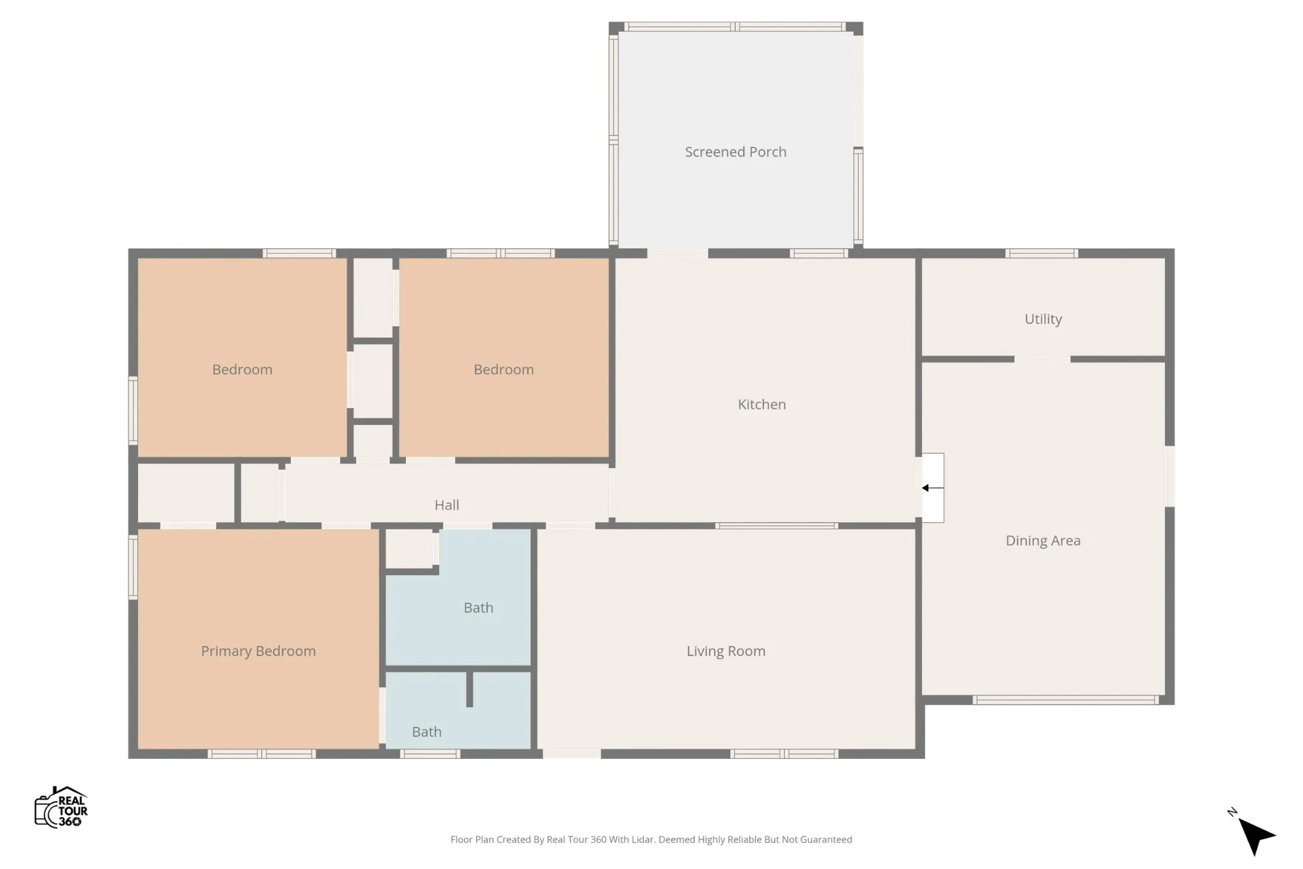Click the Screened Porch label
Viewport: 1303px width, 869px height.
735,152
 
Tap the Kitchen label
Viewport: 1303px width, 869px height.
762,405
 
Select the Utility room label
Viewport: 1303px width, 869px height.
1043,319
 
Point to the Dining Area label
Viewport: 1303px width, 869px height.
1043,541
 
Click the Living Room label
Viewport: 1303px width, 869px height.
726,651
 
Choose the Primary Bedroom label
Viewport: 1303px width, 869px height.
258,651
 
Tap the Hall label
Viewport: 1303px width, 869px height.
447,505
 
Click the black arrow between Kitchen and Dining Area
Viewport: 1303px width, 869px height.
933,488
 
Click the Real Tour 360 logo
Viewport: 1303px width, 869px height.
61,807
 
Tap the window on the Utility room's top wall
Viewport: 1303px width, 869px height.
1042,253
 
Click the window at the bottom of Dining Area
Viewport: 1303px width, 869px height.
1066,700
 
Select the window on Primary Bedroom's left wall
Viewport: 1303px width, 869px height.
133,567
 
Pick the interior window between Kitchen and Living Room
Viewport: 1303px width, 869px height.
776,526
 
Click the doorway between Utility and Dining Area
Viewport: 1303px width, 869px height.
1042,359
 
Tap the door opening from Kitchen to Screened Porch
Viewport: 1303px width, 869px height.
677,253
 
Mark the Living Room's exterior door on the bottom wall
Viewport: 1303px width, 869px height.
571,754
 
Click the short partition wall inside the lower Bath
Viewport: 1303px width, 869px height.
470,689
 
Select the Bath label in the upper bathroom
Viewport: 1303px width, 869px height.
478,608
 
